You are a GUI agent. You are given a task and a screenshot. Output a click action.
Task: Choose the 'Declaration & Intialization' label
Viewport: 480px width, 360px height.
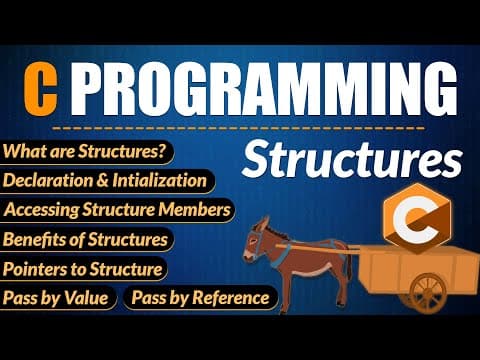pyautogui.click(x=107, y=181)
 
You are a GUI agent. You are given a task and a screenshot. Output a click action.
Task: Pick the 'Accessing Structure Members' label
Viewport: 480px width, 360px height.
pyautogui.click(x=118, y=210)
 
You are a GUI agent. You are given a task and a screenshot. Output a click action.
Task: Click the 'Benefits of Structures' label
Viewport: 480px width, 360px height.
pyautogui.click(x=86, y=239)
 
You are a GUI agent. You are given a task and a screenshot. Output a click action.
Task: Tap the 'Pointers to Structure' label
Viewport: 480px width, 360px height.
pyautogui.click(x=83, y=268)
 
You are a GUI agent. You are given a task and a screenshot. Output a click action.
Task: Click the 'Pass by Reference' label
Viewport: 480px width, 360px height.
pyautogui.click(x=199, y=297)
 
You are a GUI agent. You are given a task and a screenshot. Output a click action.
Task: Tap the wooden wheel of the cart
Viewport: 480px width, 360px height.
pyautogui.click(x=428, y=292)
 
